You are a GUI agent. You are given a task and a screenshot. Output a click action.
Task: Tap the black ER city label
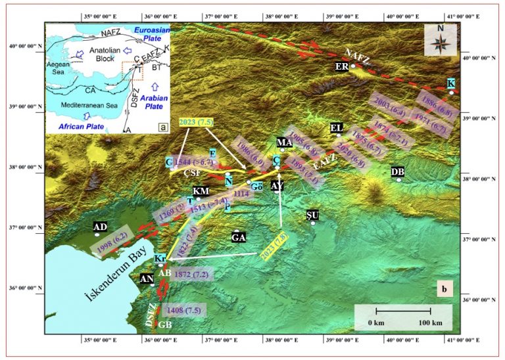[x=341, y=66]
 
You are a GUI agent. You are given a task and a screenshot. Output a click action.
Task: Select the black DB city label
[x=397, y=171]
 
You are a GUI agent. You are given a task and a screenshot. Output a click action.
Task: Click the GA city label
[x=238, y=238]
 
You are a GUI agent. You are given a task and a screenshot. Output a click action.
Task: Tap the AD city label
[x=100, y=228]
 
